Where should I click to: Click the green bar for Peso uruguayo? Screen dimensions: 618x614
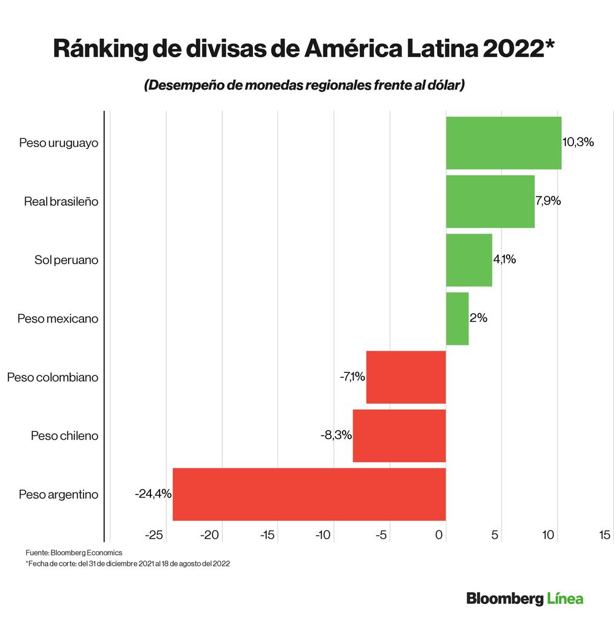503,143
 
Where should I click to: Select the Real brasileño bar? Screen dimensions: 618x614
490,201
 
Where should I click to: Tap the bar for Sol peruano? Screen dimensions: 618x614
468,260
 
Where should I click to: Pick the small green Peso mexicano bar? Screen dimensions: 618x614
457,318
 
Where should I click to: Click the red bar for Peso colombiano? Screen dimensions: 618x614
406,377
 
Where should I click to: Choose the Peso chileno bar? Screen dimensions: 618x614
399,436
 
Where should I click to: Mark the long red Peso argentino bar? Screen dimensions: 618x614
309,495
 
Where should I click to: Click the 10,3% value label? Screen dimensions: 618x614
578,142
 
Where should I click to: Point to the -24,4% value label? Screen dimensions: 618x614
153,493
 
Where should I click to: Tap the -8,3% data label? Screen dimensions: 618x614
336,435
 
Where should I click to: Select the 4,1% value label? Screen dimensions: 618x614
504,259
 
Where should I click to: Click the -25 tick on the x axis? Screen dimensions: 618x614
154,536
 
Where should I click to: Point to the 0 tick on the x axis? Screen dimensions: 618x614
440,536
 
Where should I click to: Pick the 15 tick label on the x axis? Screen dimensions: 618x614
604,536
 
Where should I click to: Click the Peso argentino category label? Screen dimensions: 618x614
58,495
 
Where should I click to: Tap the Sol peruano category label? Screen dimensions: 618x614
66,260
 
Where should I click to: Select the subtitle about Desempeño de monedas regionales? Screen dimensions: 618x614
304,85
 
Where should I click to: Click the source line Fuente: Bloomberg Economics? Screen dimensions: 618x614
74,552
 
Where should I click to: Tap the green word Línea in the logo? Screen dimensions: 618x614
565,598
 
